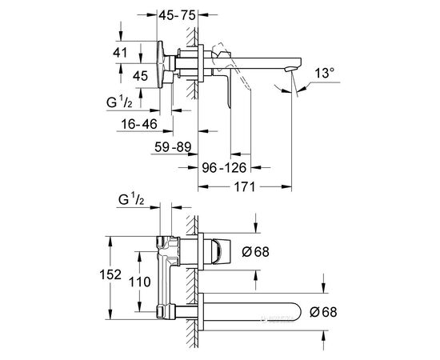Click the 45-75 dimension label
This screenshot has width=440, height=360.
click(x=177, y=15)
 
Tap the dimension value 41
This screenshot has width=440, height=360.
click(x=120, y=53)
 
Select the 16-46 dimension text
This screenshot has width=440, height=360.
click(x=139, y=124)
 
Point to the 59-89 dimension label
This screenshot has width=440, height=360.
click(x=173, y=147)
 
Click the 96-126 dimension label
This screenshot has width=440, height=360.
click(x=224, y=168)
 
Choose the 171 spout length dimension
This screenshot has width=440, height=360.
click(x=245, y=186)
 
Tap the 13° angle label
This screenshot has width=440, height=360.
click(x=324, y=74)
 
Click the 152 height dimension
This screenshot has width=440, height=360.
click(x=110, y=274)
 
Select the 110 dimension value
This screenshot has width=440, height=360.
click(x=140, y=282)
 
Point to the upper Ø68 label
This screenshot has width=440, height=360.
click(x=255, y=252)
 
